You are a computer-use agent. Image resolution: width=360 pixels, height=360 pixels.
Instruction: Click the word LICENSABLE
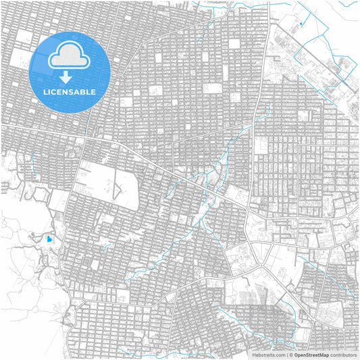point(70,92)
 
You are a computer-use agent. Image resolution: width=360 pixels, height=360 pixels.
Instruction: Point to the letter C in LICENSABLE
point(55,92)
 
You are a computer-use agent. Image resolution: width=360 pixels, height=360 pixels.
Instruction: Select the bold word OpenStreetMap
point(311,355)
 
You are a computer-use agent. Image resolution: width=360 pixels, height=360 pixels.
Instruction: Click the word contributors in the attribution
point(344,355)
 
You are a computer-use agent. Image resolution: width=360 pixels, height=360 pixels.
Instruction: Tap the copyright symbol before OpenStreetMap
point(291,355)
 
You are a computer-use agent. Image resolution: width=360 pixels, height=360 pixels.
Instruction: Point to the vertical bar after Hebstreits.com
point(286,355)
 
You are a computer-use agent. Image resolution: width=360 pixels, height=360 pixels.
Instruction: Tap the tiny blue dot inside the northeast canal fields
point(301,25)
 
